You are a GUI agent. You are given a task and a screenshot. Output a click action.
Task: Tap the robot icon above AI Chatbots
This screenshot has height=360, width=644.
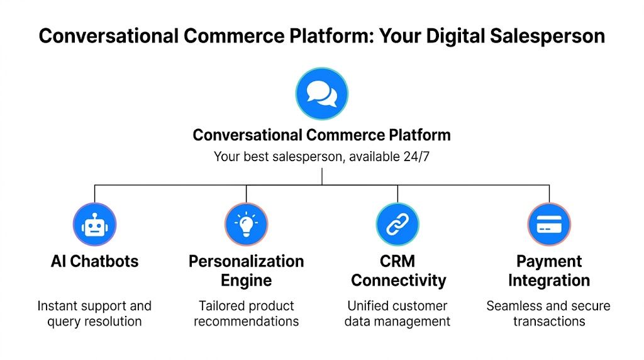[x=94, y=225]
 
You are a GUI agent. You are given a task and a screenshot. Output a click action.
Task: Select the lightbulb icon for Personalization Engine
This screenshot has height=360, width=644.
[x=246, y=225]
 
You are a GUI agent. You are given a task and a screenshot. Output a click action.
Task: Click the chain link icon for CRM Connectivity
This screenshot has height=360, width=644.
[x=397, y=225]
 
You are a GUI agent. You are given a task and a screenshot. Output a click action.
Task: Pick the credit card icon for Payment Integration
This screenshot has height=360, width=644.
[x=549, y=225]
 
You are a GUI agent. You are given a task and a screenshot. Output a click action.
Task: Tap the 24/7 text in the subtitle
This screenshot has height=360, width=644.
[x=416, y=157]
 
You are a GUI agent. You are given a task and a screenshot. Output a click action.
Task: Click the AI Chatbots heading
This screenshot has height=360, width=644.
[x=94, y=262]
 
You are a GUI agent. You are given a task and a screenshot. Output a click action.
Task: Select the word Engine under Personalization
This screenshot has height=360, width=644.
[x=246, y=281]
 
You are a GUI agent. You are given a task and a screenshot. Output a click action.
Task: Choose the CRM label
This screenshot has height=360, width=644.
[x=397, y=262]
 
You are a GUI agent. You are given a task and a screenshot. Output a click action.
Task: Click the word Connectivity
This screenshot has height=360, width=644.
[x=397, y=281]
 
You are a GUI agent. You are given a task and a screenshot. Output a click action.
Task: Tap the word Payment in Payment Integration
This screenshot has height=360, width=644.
[x=549, y=262]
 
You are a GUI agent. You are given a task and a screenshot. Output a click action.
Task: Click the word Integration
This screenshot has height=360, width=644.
[x=549, y=281]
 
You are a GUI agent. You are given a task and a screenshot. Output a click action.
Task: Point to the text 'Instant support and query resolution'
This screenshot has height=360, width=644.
[x=94, y=313]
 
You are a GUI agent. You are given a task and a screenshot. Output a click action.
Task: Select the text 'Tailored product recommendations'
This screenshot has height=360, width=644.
[x=246, y=313]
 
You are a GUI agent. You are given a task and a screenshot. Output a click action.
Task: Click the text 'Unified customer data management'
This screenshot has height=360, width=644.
[x=397, y=313]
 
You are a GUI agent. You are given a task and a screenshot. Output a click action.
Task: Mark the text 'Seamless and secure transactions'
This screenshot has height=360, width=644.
[x=549, y=313]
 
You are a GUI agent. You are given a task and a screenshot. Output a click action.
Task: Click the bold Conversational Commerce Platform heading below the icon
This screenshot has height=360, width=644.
[x=321, y=135]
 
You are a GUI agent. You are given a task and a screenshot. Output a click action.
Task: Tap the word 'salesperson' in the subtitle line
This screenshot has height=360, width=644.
[x=298, y=157]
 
